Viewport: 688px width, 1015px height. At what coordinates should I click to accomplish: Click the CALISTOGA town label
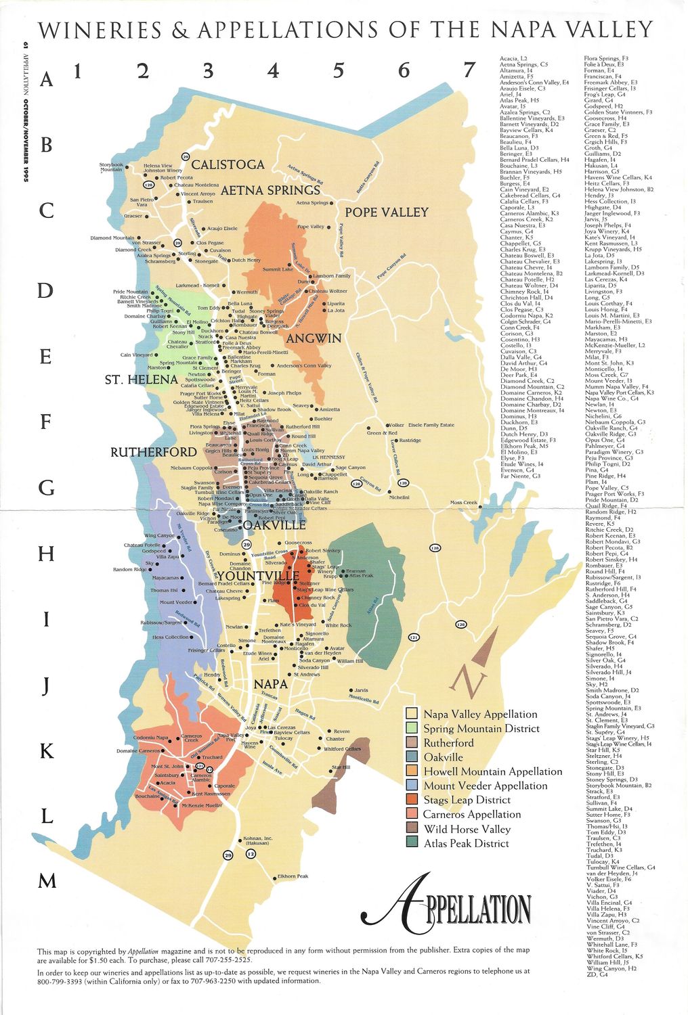click(x=228, y=164)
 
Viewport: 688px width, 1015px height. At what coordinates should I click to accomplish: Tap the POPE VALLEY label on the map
click(x=387, y=212)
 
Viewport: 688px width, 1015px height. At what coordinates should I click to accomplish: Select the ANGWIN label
click(x=314, y=338)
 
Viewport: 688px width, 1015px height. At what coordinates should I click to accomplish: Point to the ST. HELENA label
click(x=141, y=380)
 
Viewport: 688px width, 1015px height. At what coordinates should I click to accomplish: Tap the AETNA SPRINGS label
click(x=270, y=190)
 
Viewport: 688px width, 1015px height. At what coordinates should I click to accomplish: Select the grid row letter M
click(x=47, y=881)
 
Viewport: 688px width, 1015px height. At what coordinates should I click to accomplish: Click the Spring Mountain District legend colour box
click(x=411, y=728)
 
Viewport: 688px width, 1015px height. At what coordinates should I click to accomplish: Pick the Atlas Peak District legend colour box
click(x=411, y=842)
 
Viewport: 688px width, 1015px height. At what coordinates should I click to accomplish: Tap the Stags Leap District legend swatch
click(x=411, y=800)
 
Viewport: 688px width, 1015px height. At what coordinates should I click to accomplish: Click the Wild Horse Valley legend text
click(x=467, y=829)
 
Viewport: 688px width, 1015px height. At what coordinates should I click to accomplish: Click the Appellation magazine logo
click(x=447, y=907)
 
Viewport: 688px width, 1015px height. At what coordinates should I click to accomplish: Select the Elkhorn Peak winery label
click(x=293, y=876)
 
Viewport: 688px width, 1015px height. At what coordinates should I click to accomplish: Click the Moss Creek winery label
click(x=464, y=503)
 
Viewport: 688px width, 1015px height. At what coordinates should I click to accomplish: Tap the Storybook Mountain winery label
click(x=111, y=167)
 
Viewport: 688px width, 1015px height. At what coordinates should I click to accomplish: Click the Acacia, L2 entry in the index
click(x=513, y=60)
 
